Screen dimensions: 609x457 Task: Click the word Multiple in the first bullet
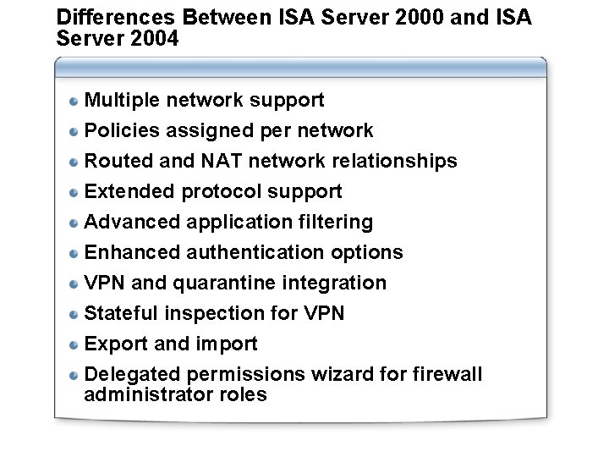123,101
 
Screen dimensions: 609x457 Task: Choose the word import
227,344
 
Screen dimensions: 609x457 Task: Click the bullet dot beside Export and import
74,344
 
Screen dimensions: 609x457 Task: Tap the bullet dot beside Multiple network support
74,101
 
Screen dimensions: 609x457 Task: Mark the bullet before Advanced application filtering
74,223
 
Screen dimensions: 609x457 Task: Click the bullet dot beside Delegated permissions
74,375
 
